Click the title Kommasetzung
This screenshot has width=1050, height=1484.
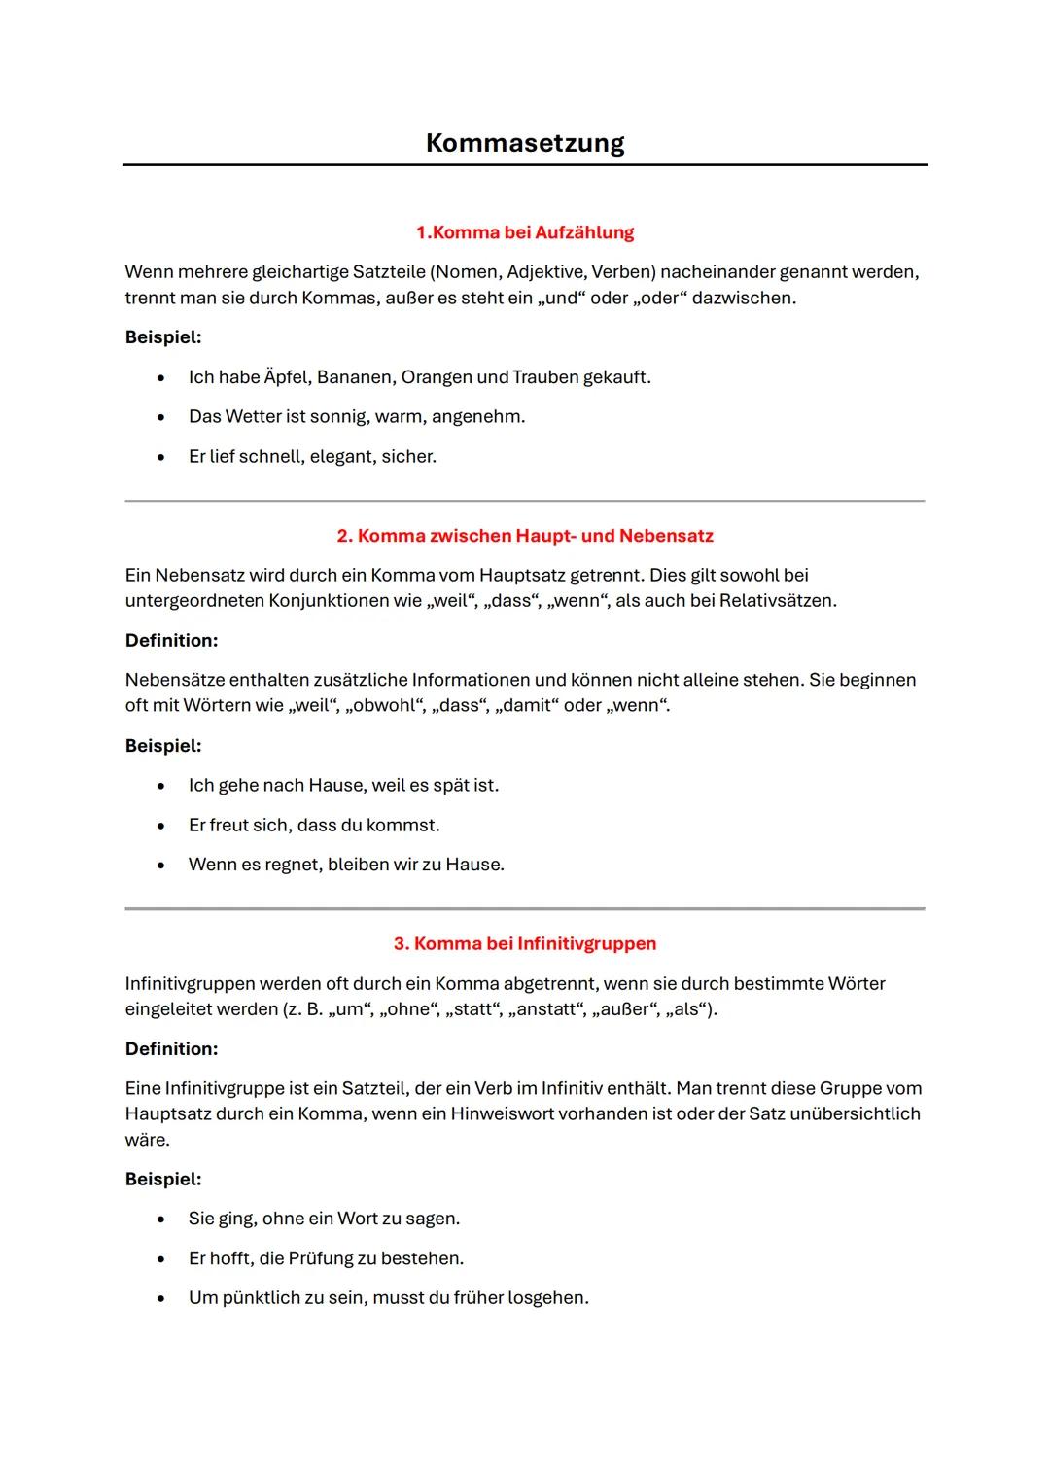(525, 143)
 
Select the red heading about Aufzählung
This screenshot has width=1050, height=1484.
(525, 232)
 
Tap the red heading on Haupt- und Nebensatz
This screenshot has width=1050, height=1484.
(525, 536)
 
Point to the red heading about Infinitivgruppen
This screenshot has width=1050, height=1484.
(525, 943)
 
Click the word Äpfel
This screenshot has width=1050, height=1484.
(287, 377)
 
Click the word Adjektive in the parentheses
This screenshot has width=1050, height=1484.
(545, 272)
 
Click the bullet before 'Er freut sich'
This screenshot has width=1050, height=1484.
(161, 826)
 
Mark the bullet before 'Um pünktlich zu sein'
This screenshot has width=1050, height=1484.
(161, 1298)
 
